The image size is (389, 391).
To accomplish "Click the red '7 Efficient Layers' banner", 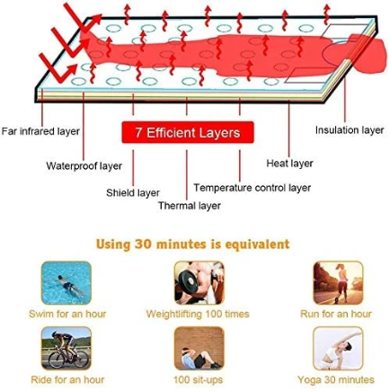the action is (188, 132).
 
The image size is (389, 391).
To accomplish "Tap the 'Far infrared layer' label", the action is (40, 131).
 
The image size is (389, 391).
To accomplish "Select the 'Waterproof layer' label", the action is (84, 165).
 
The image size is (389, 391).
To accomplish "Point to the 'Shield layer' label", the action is (133, 192).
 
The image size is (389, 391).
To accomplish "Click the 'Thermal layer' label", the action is (190, 206).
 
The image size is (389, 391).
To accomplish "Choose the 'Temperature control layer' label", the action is (252, 188).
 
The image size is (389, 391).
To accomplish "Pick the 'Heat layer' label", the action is (289, 164).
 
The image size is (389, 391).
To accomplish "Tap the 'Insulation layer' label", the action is (349, 130).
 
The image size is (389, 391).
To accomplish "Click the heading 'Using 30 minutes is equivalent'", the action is (193, 244).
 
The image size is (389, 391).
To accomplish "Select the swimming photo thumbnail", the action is (66, 282).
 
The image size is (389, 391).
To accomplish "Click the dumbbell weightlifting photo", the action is (199, 282).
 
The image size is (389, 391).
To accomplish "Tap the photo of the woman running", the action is (338, 282).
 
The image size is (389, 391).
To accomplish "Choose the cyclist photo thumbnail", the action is (66, 349).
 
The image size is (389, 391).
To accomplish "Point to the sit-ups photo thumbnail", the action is (199, 349).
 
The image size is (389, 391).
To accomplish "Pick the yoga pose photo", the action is (338, 349).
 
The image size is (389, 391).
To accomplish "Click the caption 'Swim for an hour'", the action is (67, 314).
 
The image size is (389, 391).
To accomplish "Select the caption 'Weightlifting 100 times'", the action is (198, 314).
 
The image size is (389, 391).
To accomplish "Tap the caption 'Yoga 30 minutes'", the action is (336, 379).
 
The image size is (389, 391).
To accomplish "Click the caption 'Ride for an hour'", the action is (67, 379).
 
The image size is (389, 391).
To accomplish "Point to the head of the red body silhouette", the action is (371, 56).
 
